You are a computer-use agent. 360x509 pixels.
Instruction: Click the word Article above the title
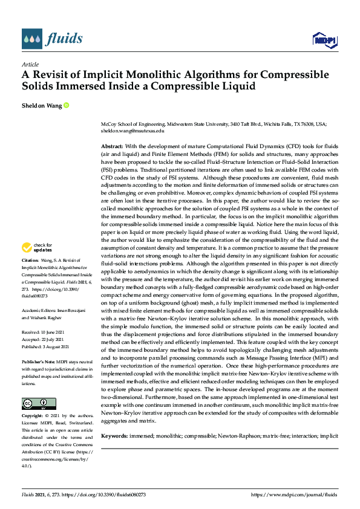pos(30,64)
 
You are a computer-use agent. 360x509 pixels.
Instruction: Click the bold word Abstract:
pos(112,146)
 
